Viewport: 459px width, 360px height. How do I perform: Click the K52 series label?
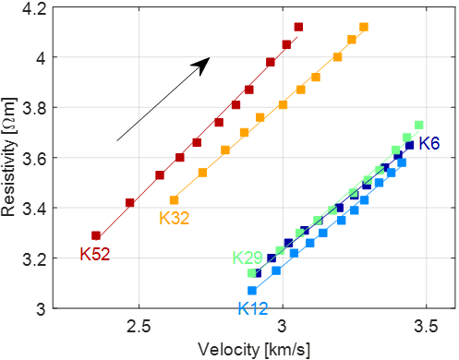(95, 255)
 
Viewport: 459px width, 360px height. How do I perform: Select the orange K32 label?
(174, 218)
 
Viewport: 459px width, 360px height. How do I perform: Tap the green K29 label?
(248, 258)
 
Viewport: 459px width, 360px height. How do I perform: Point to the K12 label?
(253, 308)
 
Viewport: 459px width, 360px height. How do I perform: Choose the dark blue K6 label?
(429, 143)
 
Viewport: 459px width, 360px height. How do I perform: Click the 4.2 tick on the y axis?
(34, 9)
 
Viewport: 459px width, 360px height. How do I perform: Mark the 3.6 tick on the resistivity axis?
(34, 159)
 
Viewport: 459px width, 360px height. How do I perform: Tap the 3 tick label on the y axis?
(42, 309)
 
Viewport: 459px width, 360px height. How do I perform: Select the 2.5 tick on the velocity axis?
(139, 326)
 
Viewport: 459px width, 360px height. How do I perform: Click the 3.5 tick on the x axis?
(426, 326)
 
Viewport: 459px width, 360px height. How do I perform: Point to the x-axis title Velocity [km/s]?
(254, 350)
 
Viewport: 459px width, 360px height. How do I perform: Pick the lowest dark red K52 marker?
(96, 236)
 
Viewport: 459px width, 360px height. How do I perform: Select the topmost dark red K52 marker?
(298, 27)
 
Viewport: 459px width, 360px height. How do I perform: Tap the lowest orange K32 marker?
(175, 200)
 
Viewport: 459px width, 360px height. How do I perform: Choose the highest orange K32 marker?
(364, 27)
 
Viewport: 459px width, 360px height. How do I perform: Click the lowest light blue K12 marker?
(252, 291)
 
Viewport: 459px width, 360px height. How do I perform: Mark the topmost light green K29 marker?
(419, 125)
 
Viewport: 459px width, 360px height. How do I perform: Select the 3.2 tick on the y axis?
(34, 258)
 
